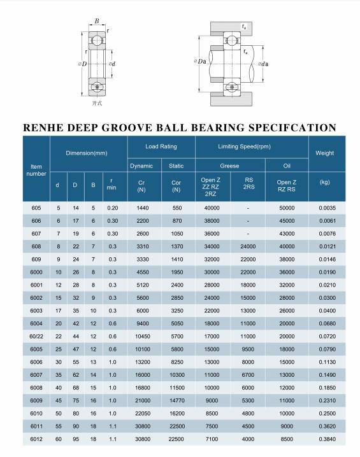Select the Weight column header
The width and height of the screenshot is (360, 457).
[324, 153]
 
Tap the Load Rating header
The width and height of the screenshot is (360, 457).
[161, 146]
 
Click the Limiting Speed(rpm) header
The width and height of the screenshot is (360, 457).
[244, 146]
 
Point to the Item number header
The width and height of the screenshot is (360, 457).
[36, 170]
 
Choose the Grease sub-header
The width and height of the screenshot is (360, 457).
[229, 166]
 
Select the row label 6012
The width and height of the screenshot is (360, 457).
[36, 439]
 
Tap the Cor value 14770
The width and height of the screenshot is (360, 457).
[176, 400]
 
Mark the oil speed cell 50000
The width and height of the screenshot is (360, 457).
[287, 208]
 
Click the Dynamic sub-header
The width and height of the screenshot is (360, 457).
[141, 166]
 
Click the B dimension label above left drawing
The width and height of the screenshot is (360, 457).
[97, 21]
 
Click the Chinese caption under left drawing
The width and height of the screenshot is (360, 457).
[97, 103]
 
